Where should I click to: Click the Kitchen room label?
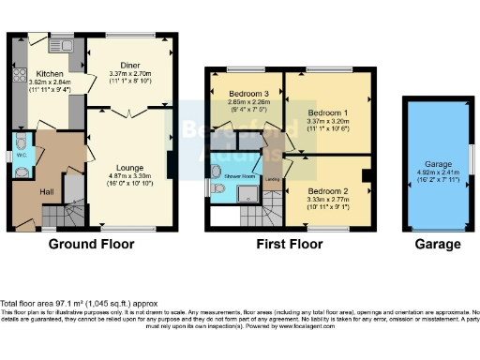49,73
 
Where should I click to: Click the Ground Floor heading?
91,245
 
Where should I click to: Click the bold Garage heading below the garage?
437,245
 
